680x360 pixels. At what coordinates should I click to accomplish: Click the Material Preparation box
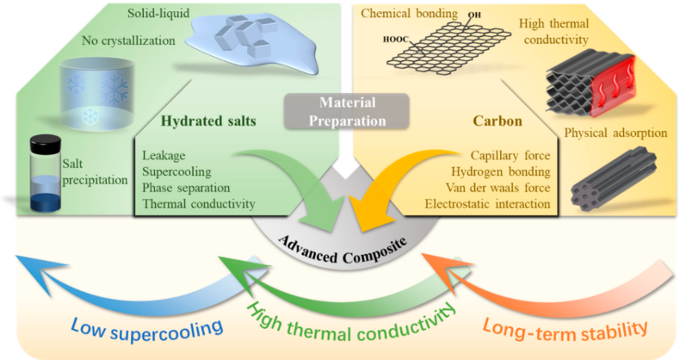click(x=347, y=111)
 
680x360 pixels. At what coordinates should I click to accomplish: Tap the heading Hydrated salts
click(x=208, y=121)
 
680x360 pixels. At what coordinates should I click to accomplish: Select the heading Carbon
click(x=498, y=121)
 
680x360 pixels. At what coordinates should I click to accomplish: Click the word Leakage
click(x=164, y=155)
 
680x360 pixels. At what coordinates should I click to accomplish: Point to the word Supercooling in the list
click(x=177, y=171)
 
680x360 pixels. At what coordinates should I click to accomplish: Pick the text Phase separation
click(x=186, y=188)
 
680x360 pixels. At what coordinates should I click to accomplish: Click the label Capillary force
click(x=510, y=155)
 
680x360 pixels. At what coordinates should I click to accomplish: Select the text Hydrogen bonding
click(x=500, y=171)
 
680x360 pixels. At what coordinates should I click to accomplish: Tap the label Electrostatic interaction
click(x=487, y=204)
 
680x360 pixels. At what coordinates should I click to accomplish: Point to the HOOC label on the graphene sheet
click(x=395, y=40)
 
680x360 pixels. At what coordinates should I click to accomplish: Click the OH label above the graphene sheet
click(x=474, y=15)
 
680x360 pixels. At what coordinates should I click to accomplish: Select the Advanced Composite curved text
click(x=343, y=250)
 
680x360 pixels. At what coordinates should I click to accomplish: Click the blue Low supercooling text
click(x=146, y=330)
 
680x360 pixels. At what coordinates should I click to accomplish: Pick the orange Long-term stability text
click(x=565, y=331)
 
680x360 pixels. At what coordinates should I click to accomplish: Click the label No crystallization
click(x=128, y=40)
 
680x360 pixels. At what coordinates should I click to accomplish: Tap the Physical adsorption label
click(x=615, y=133)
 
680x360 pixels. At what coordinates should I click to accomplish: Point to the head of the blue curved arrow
click(x=39, y=271)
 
